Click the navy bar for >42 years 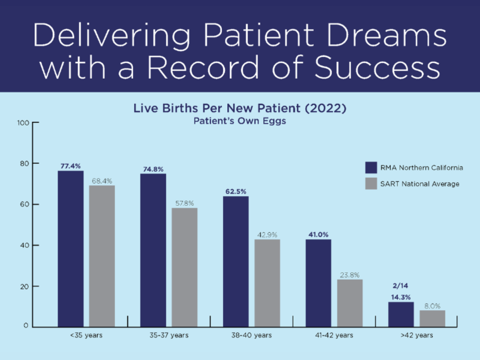pyautogui.click(x=401, y=314)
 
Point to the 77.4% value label pyautogui.click(x=71, y=166)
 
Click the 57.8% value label pyautogui.click(x=184, y=202)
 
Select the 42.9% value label pyautogui.click(x=267, y=234)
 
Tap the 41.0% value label pyautogui.click(x=318, y=234)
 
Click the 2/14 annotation pyautogui.click(x=401, y=286)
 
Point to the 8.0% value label pyautogui.click(x=432, y=306)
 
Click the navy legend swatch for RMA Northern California pyautogui.click(x=371, y=168)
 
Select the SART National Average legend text pyautogui.click(x=420, y=184)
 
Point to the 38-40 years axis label pyautogui.click(x=252, y=335)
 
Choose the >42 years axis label pyautogui.click(x=416, y=335)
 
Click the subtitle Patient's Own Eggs pyautogui.click(x=240, y=120)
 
